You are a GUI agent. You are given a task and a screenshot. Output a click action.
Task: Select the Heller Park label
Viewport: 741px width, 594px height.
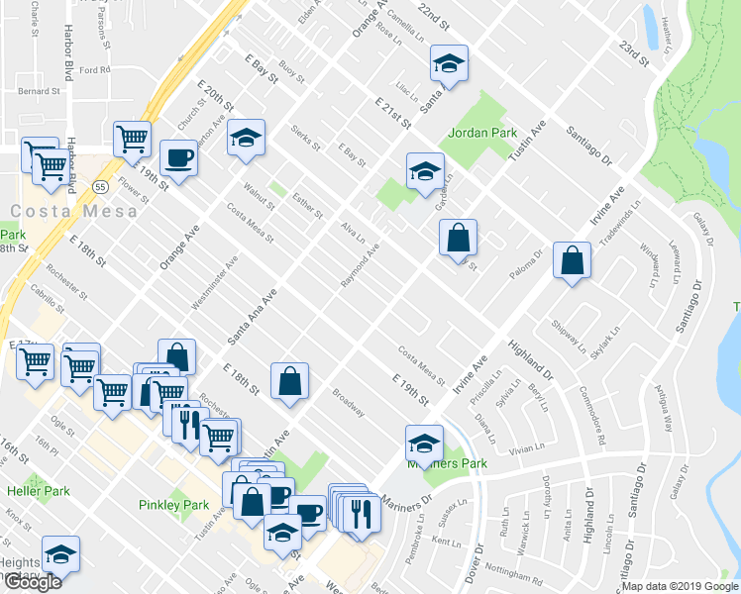[35, 491]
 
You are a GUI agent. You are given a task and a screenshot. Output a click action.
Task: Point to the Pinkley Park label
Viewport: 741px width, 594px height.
[173, 505]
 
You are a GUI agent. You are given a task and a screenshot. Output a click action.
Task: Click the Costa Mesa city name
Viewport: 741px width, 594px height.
[51, 212]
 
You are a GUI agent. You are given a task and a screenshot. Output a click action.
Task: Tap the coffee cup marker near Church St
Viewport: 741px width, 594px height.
[179, 157]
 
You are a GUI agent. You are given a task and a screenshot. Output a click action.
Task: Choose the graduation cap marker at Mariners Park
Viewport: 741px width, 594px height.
[424, 442]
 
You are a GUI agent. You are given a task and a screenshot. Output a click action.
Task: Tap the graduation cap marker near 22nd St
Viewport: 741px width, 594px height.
[448, 65]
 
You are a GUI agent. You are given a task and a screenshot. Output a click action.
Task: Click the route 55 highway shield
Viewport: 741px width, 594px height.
[101, 186]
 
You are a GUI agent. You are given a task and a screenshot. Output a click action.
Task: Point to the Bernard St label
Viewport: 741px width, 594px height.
[40, 91]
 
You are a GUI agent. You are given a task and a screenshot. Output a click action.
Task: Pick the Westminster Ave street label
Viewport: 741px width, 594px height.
[215, 284]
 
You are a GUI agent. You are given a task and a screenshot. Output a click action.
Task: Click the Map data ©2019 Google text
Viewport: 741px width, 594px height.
[680, 586]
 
